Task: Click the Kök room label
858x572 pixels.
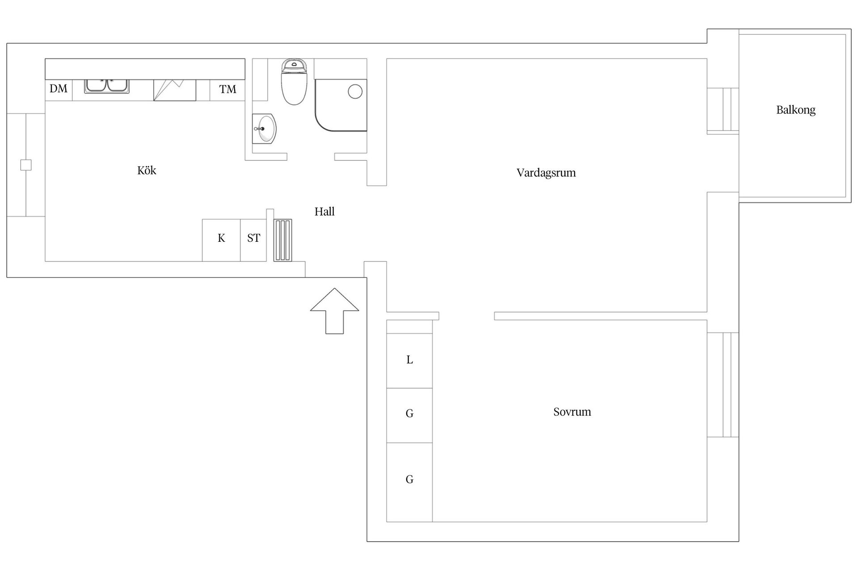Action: click(147, 170)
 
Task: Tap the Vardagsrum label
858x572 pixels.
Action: click(546, 173)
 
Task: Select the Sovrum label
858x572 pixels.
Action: click(572, 412)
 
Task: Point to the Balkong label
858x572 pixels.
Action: click(796, 110)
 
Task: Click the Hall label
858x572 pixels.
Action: click(324, 211)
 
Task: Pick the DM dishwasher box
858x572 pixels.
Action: click(59, 90)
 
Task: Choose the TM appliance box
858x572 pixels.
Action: click(227, 90)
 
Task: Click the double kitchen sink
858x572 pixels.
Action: click(107, 86)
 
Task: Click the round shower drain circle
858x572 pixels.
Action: click(355, 92)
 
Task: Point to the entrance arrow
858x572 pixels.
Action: click(335, 311)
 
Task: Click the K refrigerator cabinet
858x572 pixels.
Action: click(221, 240)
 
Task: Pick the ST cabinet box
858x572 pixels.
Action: click(253, 240)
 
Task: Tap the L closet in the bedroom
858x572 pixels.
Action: click(409, 361)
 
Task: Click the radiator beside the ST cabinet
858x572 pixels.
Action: click(283, 240)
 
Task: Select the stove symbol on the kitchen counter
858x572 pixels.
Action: click(175, 90)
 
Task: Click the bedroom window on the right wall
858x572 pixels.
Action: click(723, 385)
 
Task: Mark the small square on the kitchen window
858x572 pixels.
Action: click(26, 165)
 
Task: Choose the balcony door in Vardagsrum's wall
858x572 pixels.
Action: click(723, 111)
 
